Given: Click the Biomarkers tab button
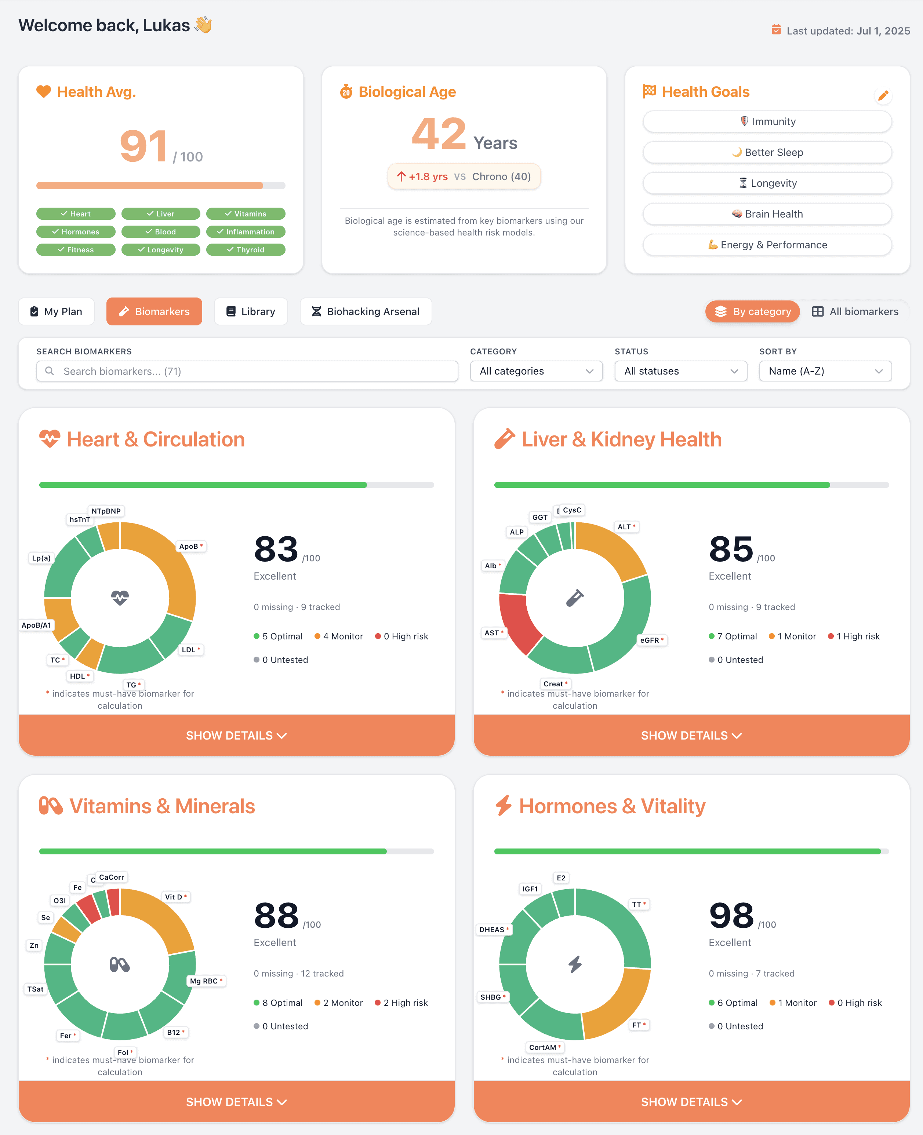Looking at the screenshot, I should [x=154, y=311].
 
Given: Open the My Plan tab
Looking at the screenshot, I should [x=57, y=311].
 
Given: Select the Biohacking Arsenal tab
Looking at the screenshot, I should [x=366, y=311].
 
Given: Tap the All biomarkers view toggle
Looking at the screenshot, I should [x=855, y=311].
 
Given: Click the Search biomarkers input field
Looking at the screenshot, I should [x=247, y=371].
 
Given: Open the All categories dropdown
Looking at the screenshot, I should [x=536, y=371].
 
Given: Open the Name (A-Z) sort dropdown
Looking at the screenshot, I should [x=825, y=371].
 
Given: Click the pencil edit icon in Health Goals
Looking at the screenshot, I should [x=883, y=96].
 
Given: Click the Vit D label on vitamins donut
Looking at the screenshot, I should [x=175, y=897].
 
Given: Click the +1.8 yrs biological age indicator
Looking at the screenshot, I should [x=423, y=176].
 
